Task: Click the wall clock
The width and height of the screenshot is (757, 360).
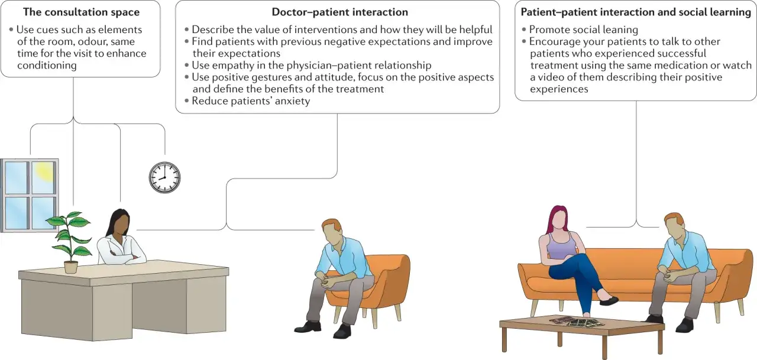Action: point(164,177)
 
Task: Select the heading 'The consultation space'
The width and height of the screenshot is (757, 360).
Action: point(81,12)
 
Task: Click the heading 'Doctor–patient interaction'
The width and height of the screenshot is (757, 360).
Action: point(339,12)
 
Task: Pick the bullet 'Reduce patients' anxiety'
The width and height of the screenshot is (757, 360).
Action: point(247,101)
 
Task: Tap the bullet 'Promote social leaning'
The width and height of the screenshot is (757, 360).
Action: point(580,30)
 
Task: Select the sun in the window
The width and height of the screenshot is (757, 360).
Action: point(46,171)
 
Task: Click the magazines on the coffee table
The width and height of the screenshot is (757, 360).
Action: point(577,322)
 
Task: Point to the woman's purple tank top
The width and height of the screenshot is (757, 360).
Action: point(562,245)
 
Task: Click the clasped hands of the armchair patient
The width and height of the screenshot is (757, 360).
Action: point(325,281)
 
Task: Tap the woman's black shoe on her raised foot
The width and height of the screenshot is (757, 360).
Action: point(609,300)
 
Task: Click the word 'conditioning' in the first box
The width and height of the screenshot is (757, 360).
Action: point(47,66)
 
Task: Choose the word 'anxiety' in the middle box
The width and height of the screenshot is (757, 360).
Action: point(293,101)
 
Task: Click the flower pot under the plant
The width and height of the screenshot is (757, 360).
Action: point(70,267)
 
